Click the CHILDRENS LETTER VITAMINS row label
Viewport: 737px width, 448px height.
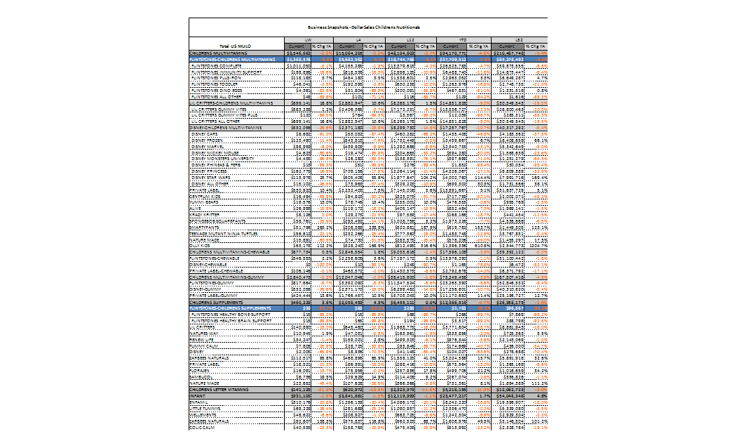[224, 390]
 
